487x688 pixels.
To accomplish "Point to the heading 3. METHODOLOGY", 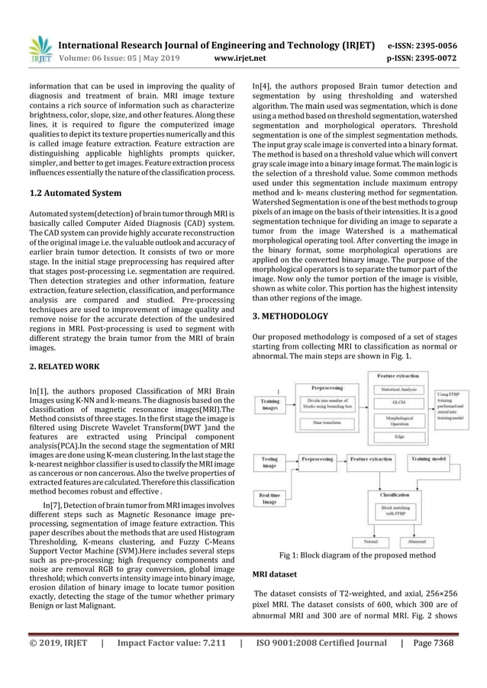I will (290, 316).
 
